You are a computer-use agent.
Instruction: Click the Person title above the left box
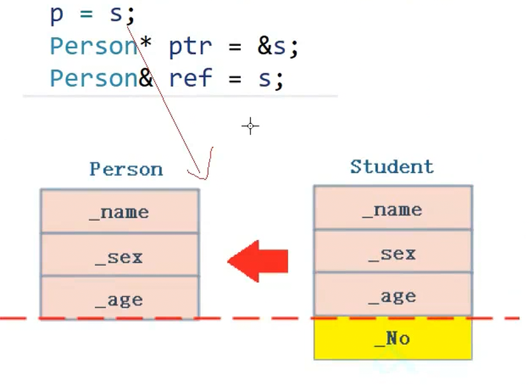click(x=126, y=169)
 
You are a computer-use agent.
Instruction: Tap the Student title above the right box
click(x=392, y=167)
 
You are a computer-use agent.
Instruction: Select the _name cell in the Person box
click(x=119, y=211)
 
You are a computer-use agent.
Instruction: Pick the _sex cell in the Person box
click(x=119, y=256)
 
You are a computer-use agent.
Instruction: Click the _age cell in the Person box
click(x=119, y=299)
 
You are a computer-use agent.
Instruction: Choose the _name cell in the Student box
click(x=393, y=209)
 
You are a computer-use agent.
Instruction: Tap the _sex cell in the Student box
click(x=393, y=253)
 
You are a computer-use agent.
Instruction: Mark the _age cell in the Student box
click(x=393, y=295)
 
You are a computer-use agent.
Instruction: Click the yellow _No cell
click(x=393, y=338)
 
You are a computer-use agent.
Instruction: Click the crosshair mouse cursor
click(x=250, y=126)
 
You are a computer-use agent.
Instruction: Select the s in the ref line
click(x=263, y=79)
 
